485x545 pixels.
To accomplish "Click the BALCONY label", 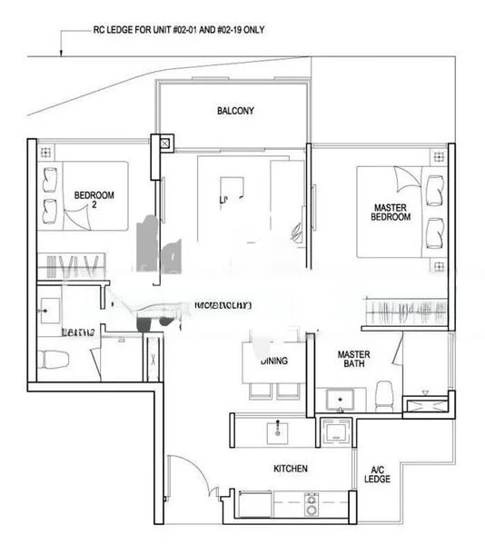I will tap(235, 111).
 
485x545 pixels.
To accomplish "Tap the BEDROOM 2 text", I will tap(94, 199).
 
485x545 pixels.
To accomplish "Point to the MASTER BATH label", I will tap(352, 359).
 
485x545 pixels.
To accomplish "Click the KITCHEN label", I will tap(292, 469).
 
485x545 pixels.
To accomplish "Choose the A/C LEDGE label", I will tap(378, 474).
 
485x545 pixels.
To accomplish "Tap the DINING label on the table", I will tap(273, 361).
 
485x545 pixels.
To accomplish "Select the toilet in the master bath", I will tap(385, 395).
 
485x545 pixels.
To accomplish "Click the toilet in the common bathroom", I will tap(52, 358).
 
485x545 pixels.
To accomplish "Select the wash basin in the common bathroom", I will tap(47, 309).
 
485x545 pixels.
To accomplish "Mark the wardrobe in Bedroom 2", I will tap(68, 266).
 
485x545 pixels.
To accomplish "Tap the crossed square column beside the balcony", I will tap(164, 143).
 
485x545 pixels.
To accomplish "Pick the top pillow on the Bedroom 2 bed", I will tap(49, 182).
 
